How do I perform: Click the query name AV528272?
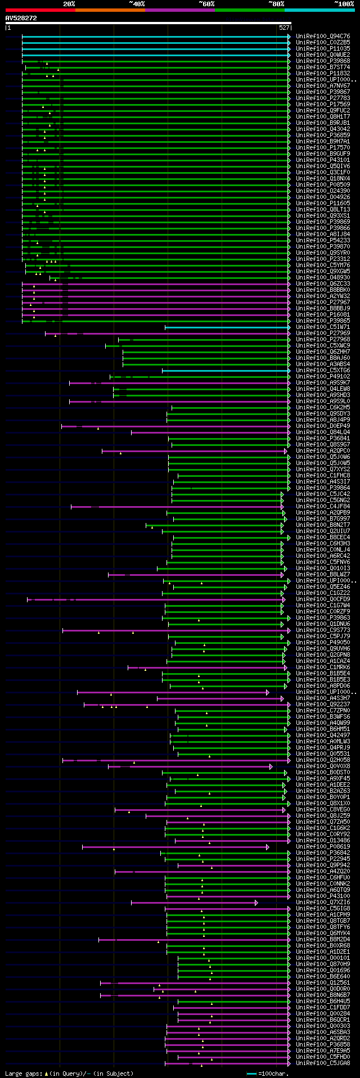[21, 18]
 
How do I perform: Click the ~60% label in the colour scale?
[206, 3]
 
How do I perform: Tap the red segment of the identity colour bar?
[40, 10]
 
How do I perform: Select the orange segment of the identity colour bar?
[110, 10]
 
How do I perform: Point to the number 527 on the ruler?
[283, 27]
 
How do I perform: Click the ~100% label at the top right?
[344, 3]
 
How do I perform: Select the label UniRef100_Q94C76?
[323, 37]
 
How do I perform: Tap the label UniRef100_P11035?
[323, 49]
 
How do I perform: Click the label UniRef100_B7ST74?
[323, 67]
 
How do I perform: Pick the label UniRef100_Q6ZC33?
[323, 284]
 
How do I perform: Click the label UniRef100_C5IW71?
[323, 327]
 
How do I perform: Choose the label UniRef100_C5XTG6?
[323, 371]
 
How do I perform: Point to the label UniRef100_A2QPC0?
[323, 451]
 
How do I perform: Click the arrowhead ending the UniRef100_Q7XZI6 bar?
[256, 903]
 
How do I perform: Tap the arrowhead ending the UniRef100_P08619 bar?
[267, 847]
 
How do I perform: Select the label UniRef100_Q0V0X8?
[323, 766]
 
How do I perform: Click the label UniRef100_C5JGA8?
[323, 1063]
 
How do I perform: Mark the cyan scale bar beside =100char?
[251, 1074]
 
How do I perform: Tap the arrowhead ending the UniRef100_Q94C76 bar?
[289, 37]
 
